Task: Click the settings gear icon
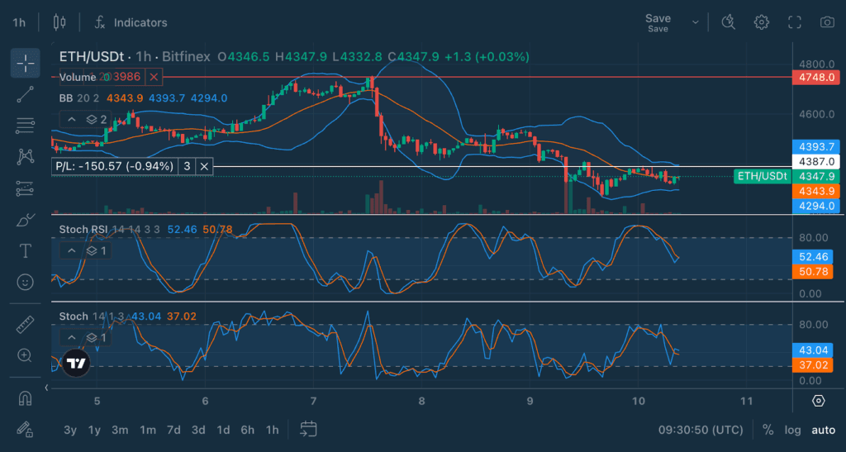coord(762,22)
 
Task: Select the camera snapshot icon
coord(826,22)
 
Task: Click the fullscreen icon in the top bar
coord(795,22)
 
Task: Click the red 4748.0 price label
coord(816,77)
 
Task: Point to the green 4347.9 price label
coord(816,176)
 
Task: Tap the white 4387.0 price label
coord(816,161)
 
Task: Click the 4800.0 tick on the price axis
coord(815,64)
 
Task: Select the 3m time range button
coord(120,430)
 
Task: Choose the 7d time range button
coord(173,430)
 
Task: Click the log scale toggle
coord(793,430)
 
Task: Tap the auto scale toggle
coord(823,430)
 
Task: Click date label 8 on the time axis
coord(421,401)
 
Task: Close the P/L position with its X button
coord(205,166)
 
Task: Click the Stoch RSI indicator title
coord(82,228)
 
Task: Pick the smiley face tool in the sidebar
coord(26,282)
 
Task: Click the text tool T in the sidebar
coord(26,250)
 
